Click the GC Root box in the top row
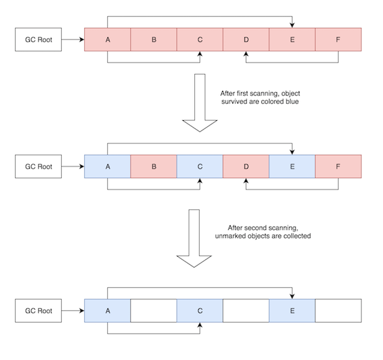coord(38,39)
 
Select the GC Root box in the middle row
coord(38,166)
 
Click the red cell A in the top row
coord(107,39)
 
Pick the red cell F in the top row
coord(338,39)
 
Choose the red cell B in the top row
coord(153,39)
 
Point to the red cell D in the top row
coord(246,39)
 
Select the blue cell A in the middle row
coord(107,166)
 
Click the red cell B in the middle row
coord(153,166)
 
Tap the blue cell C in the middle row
coord(200,166)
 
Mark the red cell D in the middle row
coord(246,166)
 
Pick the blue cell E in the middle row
coord(292,166)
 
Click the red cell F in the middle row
coord(338,166)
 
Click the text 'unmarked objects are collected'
coord(263,236)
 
